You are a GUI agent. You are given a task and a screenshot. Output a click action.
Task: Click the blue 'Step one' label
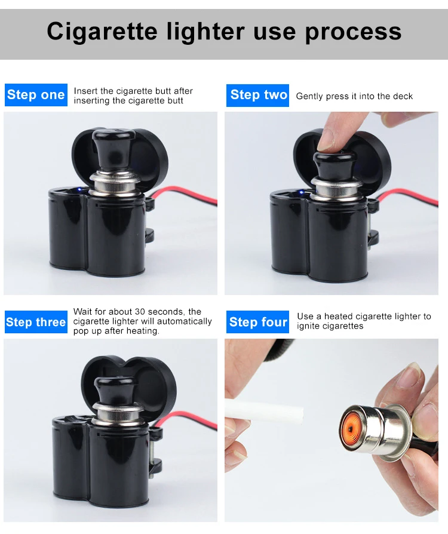36,95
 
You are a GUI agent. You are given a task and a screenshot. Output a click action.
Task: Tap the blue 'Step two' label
257,95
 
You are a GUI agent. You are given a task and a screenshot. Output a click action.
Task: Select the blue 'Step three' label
36,322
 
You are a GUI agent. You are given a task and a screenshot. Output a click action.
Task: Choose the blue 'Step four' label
257,322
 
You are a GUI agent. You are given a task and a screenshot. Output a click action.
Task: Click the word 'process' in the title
353,32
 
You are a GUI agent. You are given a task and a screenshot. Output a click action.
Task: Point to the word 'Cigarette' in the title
102,32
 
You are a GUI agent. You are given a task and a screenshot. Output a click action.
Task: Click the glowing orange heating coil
351,428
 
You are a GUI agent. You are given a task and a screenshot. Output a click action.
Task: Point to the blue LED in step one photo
79,189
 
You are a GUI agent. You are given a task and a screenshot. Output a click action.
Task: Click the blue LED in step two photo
301,192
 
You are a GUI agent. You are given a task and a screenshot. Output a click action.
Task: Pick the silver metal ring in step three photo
117,415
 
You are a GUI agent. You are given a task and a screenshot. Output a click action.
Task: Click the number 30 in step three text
140,312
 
